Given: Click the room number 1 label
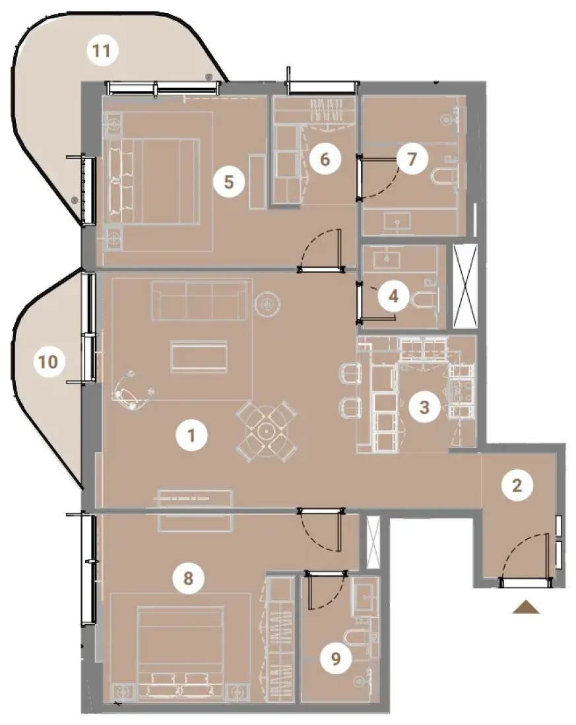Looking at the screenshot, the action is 191,435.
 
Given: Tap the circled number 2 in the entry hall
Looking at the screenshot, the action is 517,485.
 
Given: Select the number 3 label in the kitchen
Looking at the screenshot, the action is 424,407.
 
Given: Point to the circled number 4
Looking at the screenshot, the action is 394,296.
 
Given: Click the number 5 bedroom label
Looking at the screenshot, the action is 229,182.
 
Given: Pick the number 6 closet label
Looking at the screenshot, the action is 325,159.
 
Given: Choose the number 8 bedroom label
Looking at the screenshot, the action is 188,578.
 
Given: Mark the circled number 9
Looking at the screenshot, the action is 336,658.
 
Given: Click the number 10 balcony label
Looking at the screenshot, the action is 49,362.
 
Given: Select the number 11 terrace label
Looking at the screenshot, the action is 102,50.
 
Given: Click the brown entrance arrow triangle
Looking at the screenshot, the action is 526,607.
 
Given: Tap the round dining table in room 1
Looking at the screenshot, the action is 267,430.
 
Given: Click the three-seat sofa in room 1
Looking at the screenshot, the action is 199,300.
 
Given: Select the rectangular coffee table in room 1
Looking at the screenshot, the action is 199,357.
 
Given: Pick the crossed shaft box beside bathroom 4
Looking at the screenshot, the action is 465,286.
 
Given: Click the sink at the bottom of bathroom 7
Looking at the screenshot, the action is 397,222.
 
